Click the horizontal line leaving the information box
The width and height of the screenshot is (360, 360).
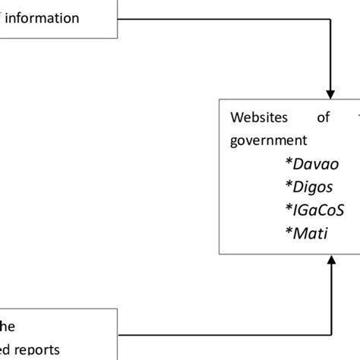220,18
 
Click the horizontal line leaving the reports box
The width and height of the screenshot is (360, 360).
220,334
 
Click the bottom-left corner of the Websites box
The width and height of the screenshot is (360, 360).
219,254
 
